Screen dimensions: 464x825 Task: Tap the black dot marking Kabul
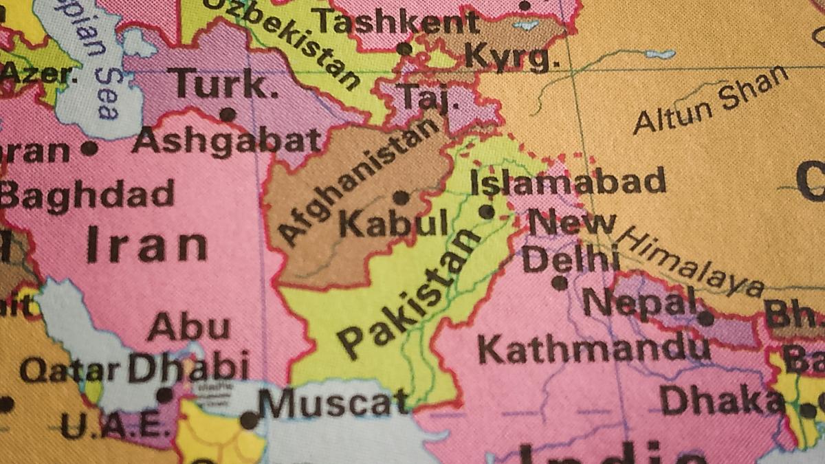pos(401,198)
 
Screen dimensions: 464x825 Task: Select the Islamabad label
pos(568,182)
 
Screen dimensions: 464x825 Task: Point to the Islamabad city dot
pos(487,212)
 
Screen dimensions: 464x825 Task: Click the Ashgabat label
pos(228,141)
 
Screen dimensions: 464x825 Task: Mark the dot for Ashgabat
pos(228,114)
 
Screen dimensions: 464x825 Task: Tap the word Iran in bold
pos(147,245)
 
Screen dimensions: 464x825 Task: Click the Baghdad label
pos(87,195)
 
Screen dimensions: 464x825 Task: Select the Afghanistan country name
pos(359,182)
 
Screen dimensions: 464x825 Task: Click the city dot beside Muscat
pos(249,420)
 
